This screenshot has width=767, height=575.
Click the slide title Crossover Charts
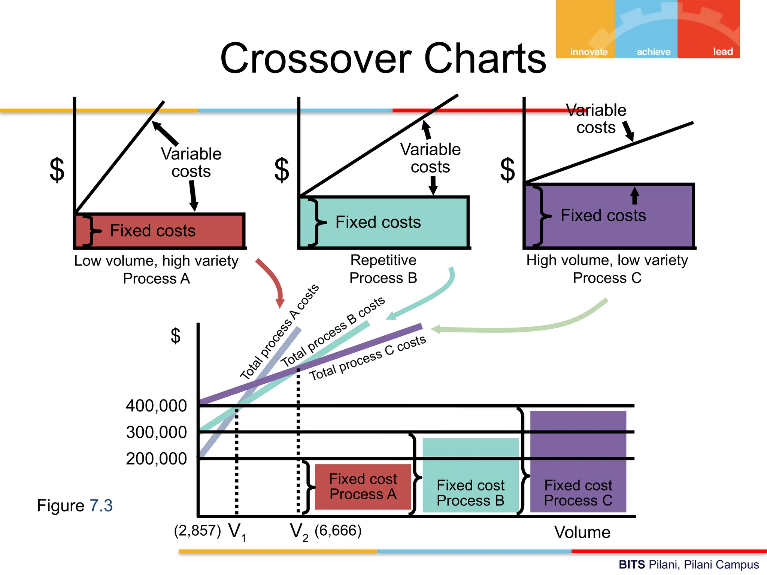(383, 58)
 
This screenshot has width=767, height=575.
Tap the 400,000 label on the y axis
(156, 406)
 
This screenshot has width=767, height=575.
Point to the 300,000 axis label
(156, 432)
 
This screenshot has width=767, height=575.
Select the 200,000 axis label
(156, 459)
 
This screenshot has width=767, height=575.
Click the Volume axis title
(582, 532)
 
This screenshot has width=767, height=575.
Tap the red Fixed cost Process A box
(363, 487)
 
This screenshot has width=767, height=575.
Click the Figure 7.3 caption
(75, 506)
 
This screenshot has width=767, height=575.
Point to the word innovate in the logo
(588, 52)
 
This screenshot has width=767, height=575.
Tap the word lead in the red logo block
(722, 52)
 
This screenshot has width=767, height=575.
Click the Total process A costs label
(279, 332)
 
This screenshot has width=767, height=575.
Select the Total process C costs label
(367, 358)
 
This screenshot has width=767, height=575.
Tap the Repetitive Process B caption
(383, 269)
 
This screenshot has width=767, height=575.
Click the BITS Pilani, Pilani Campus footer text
(688, 564)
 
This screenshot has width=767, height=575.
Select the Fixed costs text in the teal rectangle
(378, 222)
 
